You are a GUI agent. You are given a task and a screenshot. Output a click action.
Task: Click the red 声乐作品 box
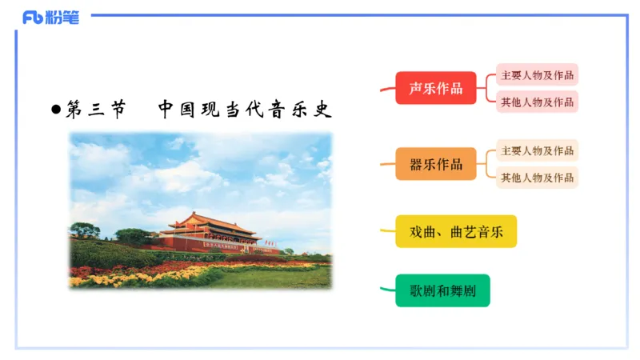coord(435,88)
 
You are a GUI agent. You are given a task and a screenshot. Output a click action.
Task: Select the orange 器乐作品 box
coord(435,164)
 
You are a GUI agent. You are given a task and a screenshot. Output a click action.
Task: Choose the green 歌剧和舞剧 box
coord(442,290)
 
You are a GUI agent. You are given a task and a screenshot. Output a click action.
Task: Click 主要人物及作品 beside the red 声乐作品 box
coord(537,75)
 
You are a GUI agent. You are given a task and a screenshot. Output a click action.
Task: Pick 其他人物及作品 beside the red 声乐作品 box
coord(537,102)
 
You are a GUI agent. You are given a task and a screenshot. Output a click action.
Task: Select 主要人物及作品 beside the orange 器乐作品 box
coord(537,150)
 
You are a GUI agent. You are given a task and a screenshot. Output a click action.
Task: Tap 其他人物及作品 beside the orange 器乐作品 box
coord(537,178)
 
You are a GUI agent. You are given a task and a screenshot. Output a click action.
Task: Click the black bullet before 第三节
coord(55,110)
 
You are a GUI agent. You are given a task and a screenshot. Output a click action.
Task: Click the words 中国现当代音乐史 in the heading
coord(244,110)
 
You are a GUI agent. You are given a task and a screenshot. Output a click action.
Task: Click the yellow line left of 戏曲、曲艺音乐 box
coord(386,232)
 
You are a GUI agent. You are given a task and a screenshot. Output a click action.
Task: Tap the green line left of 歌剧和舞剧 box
coord(386,287)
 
